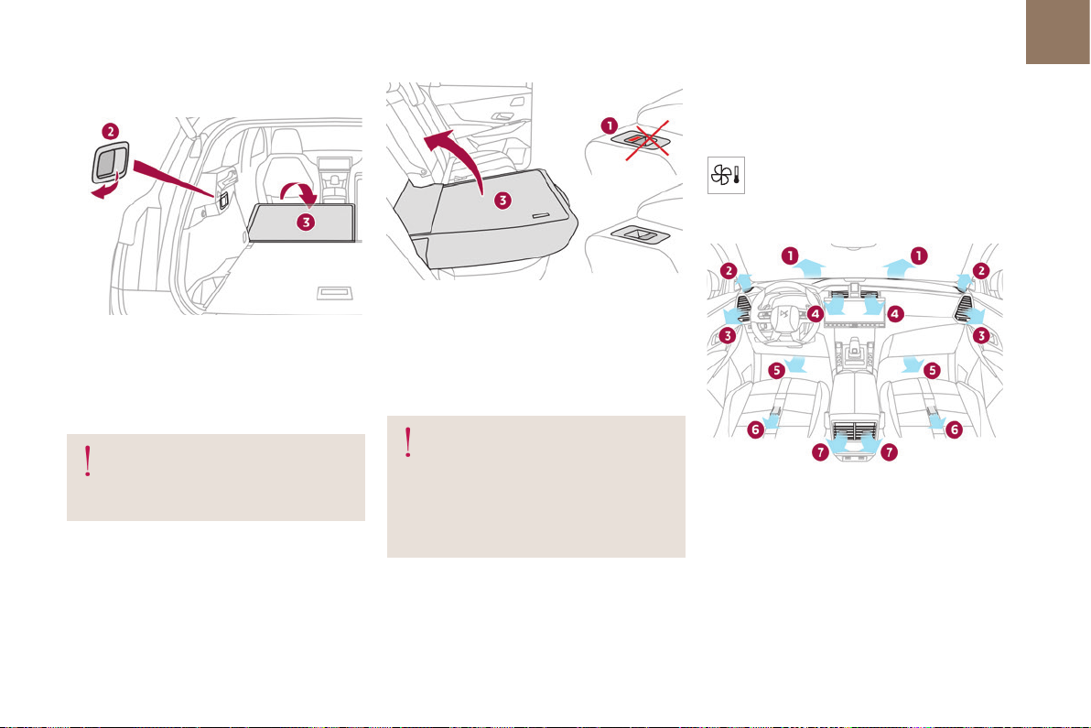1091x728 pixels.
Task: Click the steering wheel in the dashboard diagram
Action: coord(781,317)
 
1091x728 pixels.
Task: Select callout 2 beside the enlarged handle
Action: coord(109,131)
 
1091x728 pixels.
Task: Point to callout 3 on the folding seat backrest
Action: coord(502,201)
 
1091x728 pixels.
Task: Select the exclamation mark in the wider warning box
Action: coord(88,462)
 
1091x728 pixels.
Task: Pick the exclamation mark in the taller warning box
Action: coord(408,443)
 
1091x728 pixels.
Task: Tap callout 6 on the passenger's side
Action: coord(952,428)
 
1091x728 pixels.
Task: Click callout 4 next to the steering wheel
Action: coord(816,313)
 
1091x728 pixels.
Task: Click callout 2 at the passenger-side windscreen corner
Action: coord(981,270)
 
